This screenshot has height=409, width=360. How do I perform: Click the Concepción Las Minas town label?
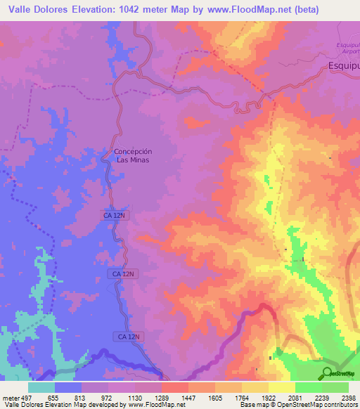133,155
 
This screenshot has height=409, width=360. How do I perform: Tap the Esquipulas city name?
344,67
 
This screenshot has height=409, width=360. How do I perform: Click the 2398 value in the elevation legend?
349,397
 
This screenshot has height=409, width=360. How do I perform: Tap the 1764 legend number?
243,397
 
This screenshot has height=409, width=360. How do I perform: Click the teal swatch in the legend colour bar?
41,387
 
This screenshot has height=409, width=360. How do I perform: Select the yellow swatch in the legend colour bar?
282,387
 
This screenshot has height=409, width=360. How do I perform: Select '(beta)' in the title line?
286,10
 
